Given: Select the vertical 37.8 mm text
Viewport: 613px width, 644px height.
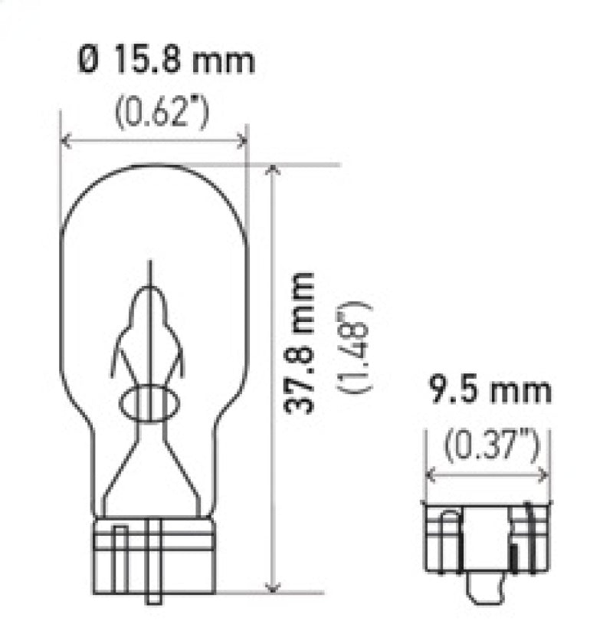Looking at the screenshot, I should pos(300,342).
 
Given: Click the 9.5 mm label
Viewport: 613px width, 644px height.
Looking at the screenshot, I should pos(488,390).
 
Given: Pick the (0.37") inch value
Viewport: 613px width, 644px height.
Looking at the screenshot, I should pos(488,445).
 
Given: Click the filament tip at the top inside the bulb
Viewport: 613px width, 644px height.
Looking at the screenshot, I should pos(150,268).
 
